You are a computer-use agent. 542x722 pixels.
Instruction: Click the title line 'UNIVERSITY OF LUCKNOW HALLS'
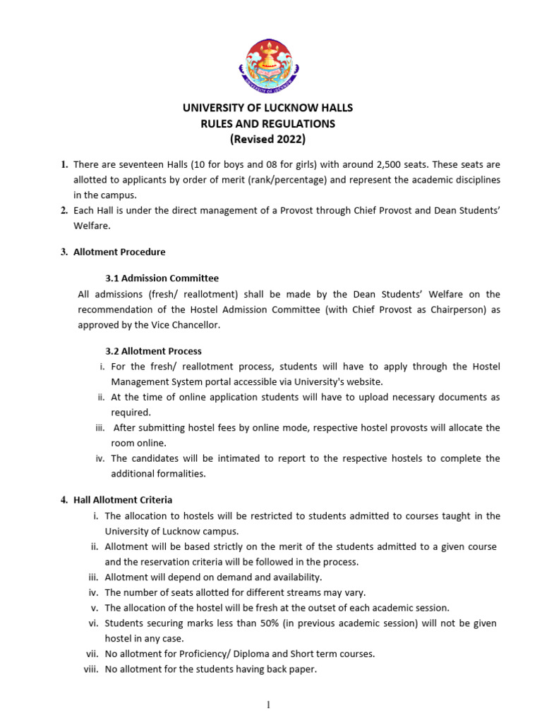267,108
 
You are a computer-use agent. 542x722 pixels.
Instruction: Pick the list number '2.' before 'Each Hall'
64,210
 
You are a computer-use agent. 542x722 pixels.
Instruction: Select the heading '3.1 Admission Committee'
162,278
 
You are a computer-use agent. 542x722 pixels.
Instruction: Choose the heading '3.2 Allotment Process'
153,350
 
